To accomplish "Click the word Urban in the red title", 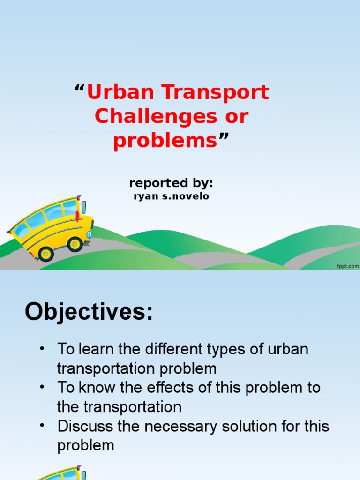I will (x=114, y=92).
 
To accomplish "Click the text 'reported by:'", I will (x=171, y=183).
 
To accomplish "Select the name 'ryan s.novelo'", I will (x=172, y=196).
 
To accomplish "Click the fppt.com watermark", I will (x=347, y=266).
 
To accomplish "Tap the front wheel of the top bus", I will (x=75, y=244).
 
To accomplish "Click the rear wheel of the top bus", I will (x=46, y=254).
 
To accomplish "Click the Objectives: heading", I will (x=89, y=311).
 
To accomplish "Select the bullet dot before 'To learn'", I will (x=43, y=349).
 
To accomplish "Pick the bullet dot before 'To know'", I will (x=43, y=388).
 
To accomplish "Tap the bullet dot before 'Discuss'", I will (x=43, y=426).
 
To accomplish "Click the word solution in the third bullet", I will (x=249, y=427).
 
